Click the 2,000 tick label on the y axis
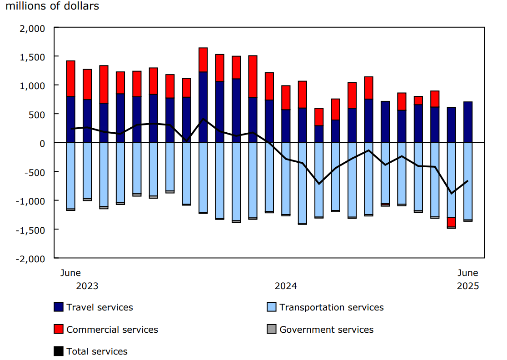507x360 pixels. [x=33, y=28]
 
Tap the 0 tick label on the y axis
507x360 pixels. [x=43, y=143]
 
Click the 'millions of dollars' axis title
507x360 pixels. [x=52, y=6]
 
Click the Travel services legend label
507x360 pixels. [x=99, y=307]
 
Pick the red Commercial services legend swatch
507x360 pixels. [x=58, y=329]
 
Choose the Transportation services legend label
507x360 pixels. [x=331, y=307]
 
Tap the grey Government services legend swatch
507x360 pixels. [x=271, y=329]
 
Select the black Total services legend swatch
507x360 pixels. [x=58, y=351]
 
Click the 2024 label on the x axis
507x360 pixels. [x=286, y=286]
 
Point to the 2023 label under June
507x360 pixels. [x=87, y=286]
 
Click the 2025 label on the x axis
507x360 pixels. [x=468, y=286]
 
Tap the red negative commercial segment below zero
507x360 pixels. [x=451, y=222]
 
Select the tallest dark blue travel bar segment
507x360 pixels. [x=203, y=107]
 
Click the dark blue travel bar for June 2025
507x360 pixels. [x=468, y=122]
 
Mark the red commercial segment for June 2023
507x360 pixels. [x=71, y=78]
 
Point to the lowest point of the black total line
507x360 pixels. [x=451, y=194]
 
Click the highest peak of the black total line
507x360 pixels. [x=203, y=119]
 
